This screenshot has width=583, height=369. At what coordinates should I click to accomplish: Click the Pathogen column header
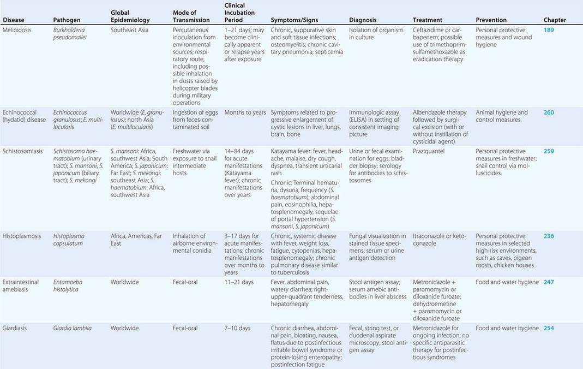click(x=67, y=20)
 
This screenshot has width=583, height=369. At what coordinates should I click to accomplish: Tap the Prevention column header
click(x=491, y=20)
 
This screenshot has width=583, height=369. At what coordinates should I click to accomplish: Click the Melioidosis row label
click(x=17, y=30)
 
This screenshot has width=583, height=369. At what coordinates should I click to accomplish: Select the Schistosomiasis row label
click(x=23, y=151)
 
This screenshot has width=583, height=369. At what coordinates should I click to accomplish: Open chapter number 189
click(x=549, y=30)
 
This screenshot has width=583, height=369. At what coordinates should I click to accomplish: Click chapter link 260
click(x=549, y=112)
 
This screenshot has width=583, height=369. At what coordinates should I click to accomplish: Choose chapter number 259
click(x=549, y=151)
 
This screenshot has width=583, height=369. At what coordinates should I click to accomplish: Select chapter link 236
click(x=549, y=236)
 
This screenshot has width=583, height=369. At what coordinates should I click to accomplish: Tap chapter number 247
click(x=549, y=282)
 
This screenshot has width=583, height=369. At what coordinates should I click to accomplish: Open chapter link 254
click(x=549, y=328)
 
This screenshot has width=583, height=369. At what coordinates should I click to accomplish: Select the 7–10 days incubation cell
click(x=237, y=328)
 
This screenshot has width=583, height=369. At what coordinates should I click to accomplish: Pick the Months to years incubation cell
click(x=245, y=112)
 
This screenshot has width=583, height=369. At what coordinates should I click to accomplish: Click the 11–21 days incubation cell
click(x=239, y=282)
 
